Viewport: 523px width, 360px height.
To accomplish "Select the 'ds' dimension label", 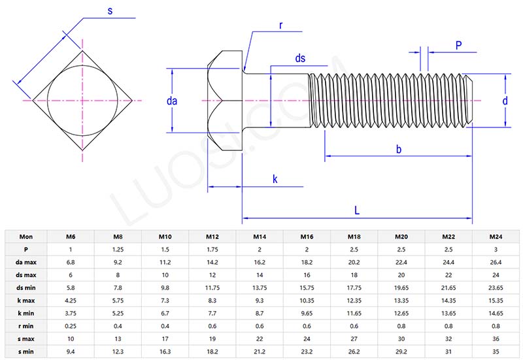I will click(300, 58).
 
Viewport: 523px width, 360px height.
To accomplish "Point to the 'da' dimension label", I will click(173, 101).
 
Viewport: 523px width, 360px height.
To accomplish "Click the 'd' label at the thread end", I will click(505, 101).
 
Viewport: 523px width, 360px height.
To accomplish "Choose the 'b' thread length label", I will click(398, 149).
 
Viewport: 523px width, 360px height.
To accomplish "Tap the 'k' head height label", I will click(275, 179).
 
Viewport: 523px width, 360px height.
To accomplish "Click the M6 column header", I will click(70, 237).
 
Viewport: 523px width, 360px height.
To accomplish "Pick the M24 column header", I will click(496, 237).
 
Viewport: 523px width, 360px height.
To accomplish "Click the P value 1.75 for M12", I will click(212, 250).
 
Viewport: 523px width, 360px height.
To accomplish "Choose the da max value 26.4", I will click(496, 263).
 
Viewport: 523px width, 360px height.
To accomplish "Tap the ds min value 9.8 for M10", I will click(165, 288).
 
